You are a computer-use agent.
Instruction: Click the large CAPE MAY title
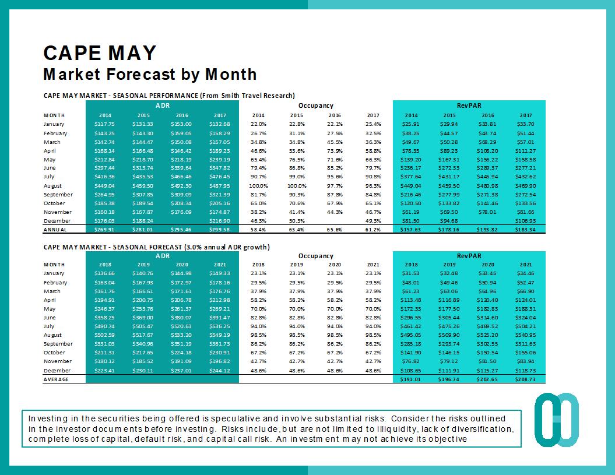pyautogui.click(x=100, y=53)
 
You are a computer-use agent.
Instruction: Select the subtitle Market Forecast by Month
pyautogui.click(x=150, y=75)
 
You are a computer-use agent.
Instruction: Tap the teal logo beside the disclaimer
pyautogui.click(x=556, y=421)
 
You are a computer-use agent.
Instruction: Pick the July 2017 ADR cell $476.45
pyautogui.click(x=219, y=177)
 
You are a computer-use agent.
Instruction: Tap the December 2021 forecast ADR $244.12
pyautogui.click(x=219, y=371)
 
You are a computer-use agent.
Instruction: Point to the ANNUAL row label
pyautogui.click(x=55, y=230)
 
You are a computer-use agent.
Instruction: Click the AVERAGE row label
pyautogui.click(x=57, y=379)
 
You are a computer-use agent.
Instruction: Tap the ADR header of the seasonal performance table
pyautogui.click(x=162, y=105)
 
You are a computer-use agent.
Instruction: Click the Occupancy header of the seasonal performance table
pyautogui.click(x=315, y=105)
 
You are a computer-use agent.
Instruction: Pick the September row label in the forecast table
pyautogui.click(x=58, y=344)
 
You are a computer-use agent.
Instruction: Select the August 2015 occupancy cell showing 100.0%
pyautogui.click(x=297, y=185)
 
